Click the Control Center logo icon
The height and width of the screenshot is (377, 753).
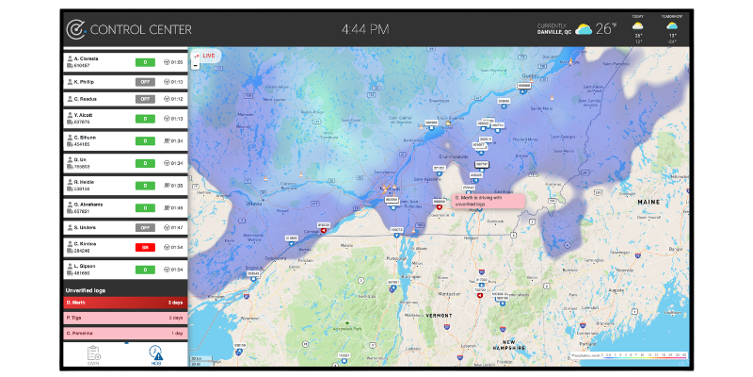coord(77,29)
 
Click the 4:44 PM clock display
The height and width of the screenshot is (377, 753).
coord(364,29)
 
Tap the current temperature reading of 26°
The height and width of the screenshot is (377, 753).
coord(606,28)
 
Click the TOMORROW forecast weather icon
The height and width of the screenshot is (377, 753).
coord(671,26)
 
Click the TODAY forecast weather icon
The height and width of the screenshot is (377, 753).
coord(638,26)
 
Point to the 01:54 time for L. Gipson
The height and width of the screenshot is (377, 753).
coord(177,270)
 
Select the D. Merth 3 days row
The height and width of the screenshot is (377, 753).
coord(124,303)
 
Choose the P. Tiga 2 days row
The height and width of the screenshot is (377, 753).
coord(124,319)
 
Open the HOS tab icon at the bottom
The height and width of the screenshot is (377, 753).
coord(154,354)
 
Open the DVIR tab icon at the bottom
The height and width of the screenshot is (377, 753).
coord(93,354)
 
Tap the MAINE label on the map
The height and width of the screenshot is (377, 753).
coord(648,202)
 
